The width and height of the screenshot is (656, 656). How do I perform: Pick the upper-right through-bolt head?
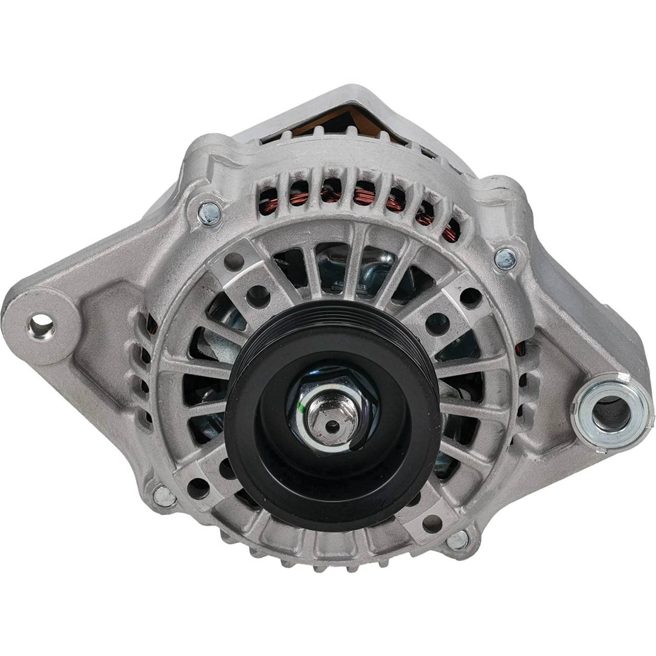505,257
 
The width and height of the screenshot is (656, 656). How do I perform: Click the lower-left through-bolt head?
165,495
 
